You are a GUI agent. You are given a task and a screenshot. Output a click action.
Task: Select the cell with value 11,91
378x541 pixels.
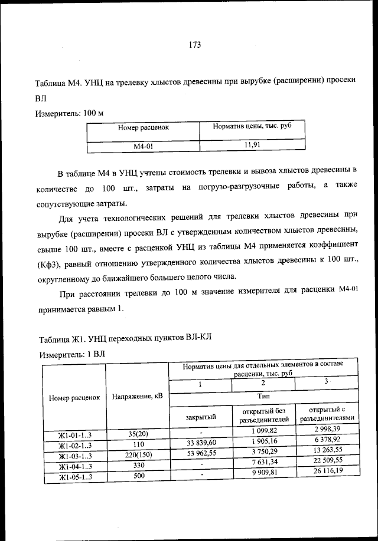coord(252,143)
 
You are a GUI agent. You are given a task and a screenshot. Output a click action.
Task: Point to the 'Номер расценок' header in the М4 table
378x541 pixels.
coord(143,127)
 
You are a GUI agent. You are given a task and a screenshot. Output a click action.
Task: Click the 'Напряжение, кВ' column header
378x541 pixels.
coord(136,397)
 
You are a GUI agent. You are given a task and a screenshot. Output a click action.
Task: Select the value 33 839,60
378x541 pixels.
coord(201,443)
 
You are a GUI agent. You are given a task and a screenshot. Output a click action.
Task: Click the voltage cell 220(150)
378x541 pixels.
coord(136,454)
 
